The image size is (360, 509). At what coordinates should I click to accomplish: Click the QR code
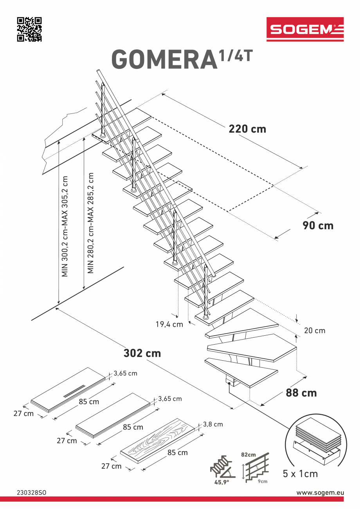(x=29, y=29)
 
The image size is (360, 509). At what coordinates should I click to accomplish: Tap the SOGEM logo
(x=305, y=29)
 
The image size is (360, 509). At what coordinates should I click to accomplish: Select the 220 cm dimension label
(x=247, y=129)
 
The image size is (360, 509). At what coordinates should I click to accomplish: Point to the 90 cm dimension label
(x=318, y=225)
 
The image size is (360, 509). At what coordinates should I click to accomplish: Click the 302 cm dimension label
(x=142, y=353)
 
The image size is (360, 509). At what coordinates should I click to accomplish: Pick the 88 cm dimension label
(x=301, y=392)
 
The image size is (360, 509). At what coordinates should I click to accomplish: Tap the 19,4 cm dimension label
(x=169, y=324)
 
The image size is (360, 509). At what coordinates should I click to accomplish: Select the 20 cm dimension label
(x=315, y=331)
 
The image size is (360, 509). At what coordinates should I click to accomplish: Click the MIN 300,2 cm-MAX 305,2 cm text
(x=65, y=226)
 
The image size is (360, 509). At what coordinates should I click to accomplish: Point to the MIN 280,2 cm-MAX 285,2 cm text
(x=91, y=223)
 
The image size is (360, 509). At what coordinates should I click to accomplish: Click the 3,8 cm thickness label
(x=213, y=424)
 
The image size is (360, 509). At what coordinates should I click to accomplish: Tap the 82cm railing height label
(x=248, y=455)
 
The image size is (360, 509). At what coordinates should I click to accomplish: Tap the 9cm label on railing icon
(x=263, y=481)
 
